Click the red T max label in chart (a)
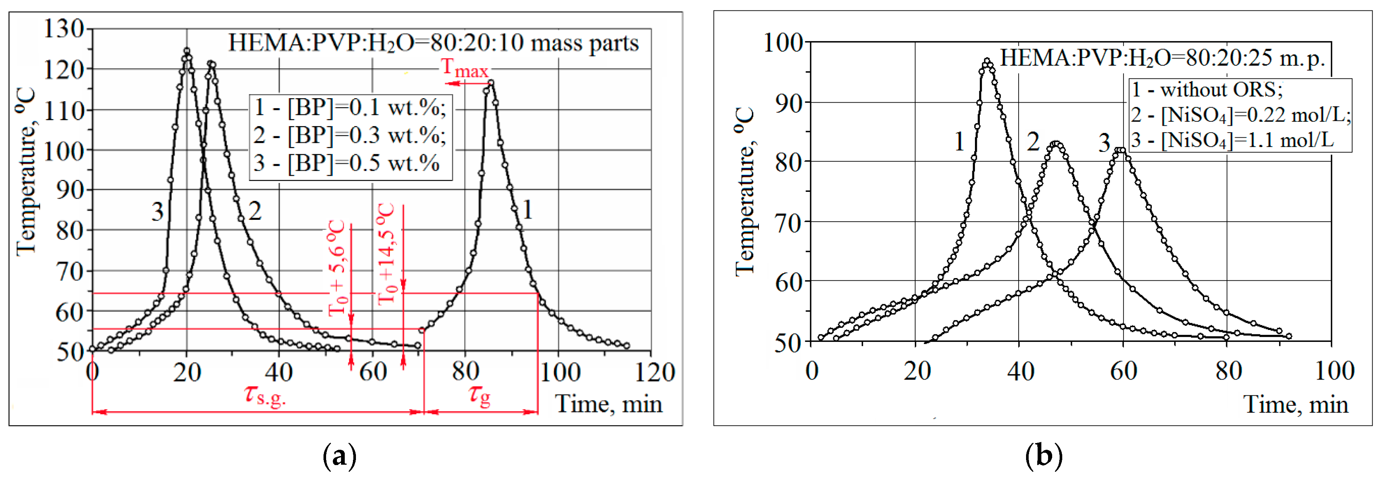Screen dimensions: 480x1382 pyautogui.click(x=465, y=68)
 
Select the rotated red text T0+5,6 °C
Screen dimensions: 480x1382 pyautogui.click(x=337, y=267)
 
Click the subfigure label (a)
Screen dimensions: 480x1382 pyautogui.click(x=340, y=456)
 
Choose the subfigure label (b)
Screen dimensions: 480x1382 pyautogui.click(x=1044, y=456)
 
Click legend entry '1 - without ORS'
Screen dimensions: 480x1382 pyautogui.click(x=1207, y=90)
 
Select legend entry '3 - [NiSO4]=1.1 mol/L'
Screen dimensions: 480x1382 pyautogui.click(x=1232, y=140)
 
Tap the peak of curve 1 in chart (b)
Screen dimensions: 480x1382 pyautogui.click(x=987, y=61)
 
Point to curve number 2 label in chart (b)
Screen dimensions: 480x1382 pyautogui.click(x=1033, y=142)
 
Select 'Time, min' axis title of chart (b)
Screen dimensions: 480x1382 pyautogui.click(x=1295, y=404)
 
